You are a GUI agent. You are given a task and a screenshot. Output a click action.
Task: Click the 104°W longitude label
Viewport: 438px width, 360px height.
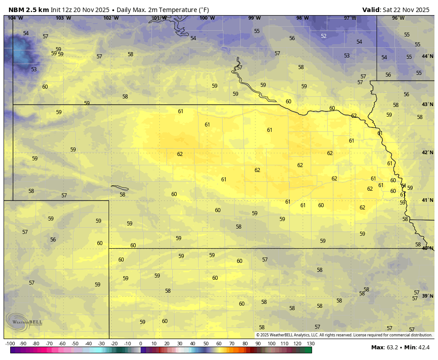tap(15, 18)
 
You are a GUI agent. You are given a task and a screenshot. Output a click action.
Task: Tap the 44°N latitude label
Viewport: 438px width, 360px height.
tap(427, 56)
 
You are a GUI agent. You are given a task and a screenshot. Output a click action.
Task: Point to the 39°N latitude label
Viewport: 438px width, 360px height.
tap(427, 296)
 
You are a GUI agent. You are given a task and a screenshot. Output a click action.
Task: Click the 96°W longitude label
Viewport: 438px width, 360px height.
tap(398, 18)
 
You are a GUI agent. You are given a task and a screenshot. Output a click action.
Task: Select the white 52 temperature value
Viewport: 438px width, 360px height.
tap(324, 36)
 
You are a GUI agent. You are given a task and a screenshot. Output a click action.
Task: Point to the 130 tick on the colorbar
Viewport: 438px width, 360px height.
tap(311, 344)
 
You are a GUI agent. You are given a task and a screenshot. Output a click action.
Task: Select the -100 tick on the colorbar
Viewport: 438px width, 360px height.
tap(10, 344)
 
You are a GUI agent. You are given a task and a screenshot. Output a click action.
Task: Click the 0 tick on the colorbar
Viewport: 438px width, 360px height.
tap(141, 344)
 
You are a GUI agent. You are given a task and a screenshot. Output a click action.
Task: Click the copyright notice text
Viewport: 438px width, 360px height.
tap(344, 335)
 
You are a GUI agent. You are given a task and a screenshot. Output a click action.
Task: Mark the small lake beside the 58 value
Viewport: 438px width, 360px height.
tap(120, 188)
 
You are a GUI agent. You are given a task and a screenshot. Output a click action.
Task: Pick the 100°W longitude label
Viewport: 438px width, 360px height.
tap(207, 18)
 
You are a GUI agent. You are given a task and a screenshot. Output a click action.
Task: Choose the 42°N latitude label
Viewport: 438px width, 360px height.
tap(427, 152)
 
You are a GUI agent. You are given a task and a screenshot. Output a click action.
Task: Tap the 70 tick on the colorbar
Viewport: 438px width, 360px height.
tap(232, 344)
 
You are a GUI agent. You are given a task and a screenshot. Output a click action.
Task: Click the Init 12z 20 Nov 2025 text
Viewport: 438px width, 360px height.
tap(80, 10)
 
